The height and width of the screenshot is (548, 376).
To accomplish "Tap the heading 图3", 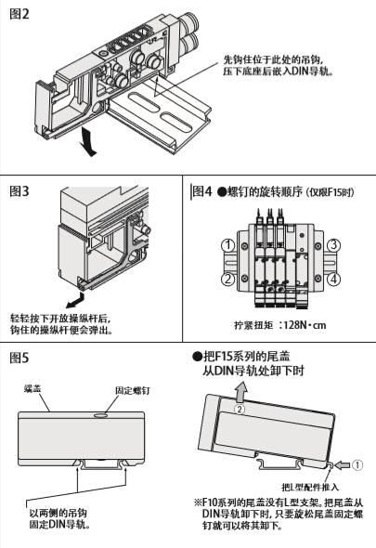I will [x=21, y=192].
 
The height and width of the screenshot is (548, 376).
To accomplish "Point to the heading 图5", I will [x=21, y=358].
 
